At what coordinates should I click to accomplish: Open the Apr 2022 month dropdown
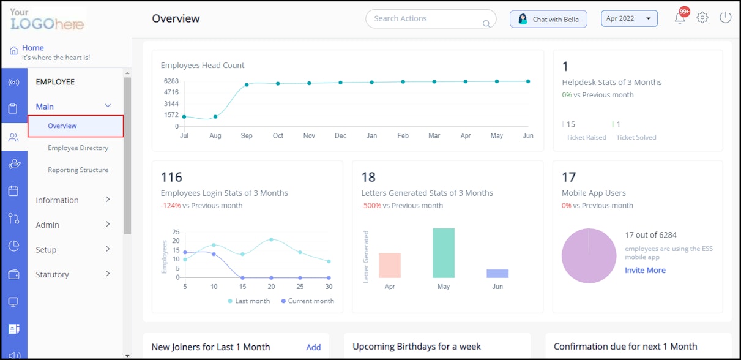629,18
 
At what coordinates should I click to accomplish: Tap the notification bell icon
680,18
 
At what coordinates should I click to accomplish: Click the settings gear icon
702,18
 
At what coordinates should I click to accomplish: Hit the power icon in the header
725,18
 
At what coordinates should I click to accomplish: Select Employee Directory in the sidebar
78,148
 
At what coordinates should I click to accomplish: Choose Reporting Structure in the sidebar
78,170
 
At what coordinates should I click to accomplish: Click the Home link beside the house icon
33,48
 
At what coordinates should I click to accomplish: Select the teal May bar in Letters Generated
444,253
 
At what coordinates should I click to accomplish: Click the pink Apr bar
390,266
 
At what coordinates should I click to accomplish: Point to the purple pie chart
589,256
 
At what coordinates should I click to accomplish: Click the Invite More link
645,270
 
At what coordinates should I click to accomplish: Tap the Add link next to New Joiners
313,347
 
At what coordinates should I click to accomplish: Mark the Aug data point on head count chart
215,117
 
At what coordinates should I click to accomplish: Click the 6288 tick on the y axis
171,81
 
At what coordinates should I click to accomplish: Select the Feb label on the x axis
403,136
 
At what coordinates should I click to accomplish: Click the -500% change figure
371,206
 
